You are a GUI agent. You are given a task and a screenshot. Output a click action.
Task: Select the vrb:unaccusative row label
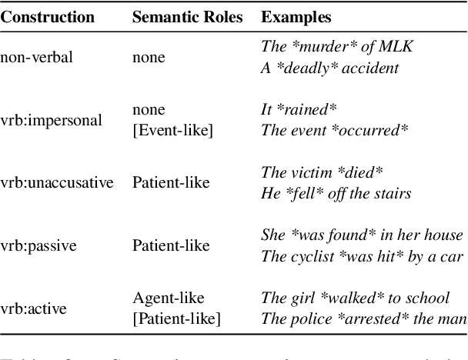click(57, 182)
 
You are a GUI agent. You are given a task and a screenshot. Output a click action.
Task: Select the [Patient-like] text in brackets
click(175, 318)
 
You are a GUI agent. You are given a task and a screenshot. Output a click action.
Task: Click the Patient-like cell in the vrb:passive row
click(170, 245)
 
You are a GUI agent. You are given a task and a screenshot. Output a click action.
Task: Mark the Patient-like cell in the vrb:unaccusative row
click(170, 182)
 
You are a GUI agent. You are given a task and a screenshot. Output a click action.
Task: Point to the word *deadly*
click(306, 68)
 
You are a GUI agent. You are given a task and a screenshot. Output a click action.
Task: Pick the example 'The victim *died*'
click(322, 172)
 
